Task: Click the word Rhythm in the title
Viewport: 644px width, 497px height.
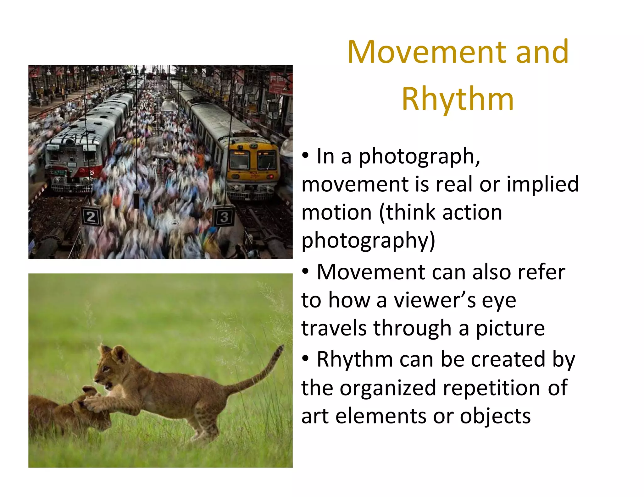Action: [458, 99]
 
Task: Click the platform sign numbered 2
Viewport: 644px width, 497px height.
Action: [91, 216]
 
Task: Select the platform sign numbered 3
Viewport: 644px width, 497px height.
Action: [224, 216]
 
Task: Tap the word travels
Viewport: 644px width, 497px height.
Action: [334, 328]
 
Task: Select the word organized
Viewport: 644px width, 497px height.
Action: [388, 388]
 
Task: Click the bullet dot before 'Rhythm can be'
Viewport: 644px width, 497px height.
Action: [305, 358]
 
